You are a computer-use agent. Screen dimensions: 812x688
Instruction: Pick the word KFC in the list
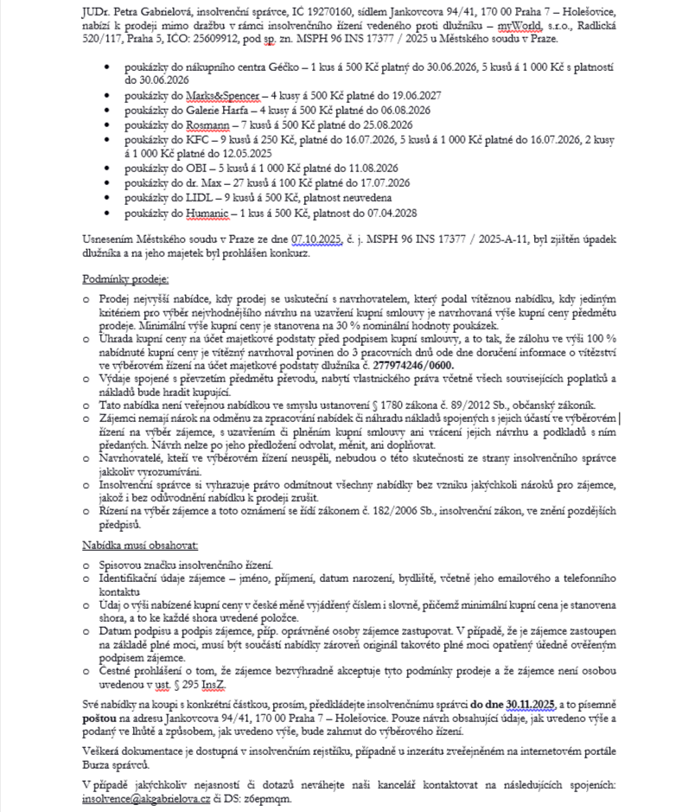[181, 137]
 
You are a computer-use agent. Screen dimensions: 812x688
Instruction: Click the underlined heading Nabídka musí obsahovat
[140, 546]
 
